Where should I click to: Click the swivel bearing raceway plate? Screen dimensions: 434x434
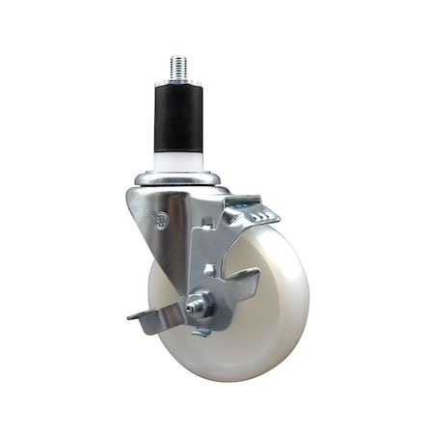click(179, 177)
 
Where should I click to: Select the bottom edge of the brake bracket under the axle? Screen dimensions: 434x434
click(202, 331)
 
